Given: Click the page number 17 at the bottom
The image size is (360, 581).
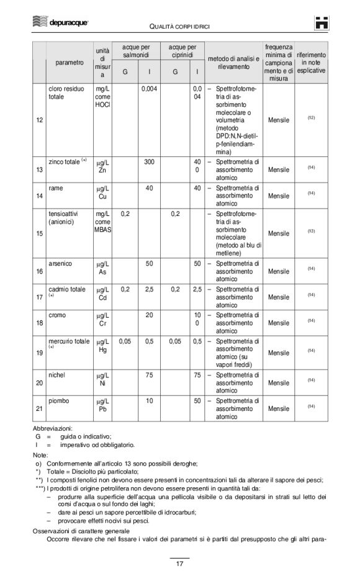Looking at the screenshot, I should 179,564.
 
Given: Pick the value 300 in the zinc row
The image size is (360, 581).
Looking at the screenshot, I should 150,162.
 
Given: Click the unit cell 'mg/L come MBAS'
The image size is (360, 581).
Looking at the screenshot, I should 102,222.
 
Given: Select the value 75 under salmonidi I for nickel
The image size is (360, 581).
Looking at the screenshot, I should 150,375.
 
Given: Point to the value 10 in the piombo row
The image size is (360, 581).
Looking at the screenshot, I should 150,401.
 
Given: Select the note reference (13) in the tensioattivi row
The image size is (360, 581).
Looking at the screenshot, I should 312,232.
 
